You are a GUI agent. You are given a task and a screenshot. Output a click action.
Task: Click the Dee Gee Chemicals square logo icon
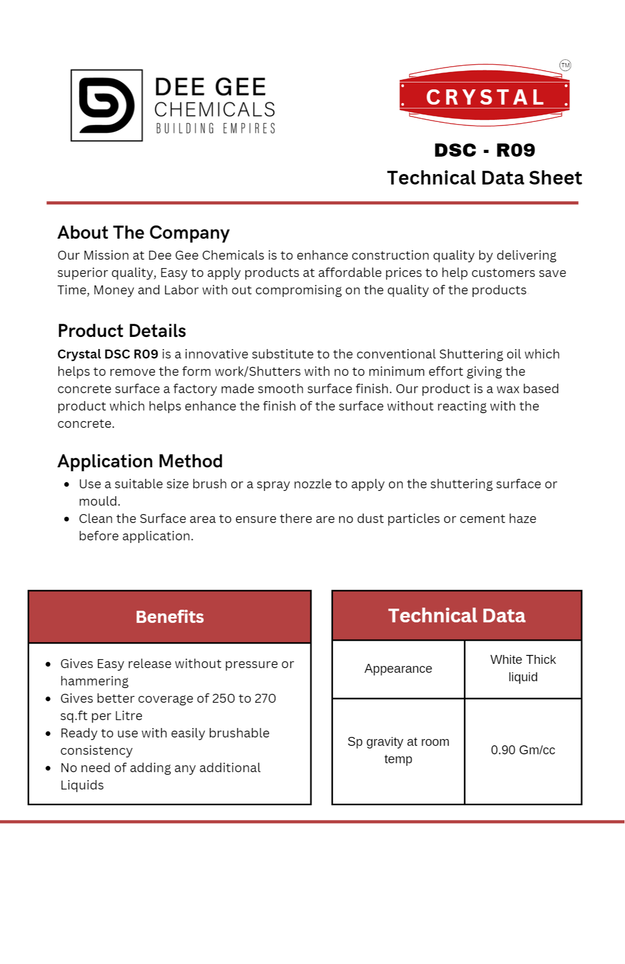107,105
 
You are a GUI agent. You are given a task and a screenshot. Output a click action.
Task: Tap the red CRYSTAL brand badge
484,97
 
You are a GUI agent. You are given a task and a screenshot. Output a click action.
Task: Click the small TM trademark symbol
565,65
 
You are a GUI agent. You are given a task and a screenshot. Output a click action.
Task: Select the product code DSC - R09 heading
484,150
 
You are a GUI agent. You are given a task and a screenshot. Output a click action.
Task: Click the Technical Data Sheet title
484,178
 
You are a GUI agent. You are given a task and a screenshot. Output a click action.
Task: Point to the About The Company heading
144,232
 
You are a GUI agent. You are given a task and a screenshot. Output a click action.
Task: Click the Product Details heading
121,331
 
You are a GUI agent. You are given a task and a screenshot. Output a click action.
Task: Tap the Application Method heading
140,461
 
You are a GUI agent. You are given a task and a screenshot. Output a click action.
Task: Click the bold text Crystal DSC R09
108,354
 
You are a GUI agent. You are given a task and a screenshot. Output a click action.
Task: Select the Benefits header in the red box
169,617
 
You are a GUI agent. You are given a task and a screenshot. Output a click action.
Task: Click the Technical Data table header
456,616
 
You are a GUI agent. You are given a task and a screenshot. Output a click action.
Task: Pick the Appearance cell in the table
398,669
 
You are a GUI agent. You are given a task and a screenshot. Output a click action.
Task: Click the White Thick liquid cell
522,668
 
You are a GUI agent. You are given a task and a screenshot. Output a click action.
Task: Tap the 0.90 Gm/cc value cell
522,750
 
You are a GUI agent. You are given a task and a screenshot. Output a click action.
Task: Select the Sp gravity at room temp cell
398,750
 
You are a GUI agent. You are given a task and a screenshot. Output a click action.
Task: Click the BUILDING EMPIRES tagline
216,129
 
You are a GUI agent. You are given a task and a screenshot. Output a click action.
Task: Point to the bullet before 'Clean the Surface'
67,519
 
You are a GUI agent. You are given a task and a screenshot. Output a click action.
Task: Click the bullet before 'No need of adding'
48,768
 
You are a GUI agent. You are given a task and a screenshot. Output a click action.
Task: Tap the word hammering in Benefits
95,681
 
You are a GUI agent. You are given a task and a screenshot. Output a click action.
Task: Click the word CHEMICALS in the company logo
214,110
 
